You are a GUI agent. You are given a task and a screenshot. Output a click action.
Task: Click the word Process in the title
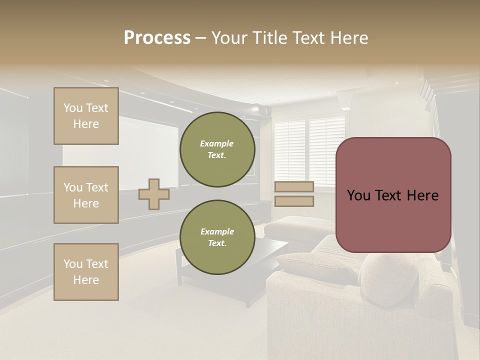click(157, 38)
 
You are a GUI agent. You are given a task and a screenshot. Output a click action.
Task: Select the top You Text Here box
click(86, 116)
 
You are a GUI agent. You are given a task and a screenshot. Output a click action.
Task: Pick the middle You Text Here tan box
click(86, 195)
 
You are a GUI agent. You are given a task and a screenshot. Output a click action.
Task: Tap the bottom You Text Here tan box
click(86, 272)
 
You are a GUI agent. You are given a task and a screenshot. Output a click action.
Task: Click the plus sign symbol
click(154, 194)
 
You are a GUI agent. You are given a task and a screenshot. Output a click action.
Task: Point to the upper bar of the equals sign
click(294, 186)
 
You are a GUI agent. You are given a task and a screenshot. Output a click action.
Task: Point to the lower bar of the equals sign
click(294, 201)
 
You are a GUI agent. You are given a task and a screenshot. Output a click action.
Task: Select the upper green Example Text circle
click(217, 149)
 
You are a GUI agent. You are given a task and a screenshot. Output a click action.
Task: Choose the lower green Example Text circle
click(217, 237)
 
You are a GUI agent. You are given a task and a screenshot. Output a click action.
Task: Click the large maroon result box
click(393, 194)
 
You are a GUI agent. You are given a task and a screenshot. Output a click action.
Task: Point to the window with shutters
click(310, 150)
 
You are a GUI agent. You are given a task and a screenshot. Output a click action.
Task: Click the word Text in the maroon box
click(393, 195)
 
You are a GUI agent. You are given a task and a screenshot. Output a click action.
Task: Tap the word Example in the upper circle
click(216, 143)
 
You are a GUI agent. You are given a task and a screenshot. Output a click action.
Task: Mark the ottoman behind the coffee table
click(292, 227)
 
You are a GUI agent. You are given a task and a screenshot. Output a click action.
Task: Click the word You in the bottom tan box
click(72, 264)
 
